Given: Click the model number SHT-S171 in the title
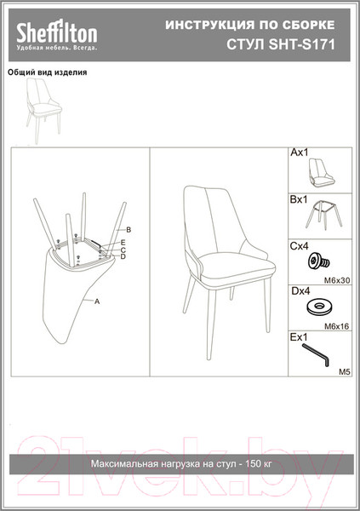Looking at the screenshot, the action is coord(301,45).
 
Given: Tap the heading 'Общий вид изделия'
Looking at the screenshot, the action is coord(48,72).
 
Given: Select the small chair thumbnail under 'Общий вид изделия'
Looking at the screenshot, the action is coord(43,110).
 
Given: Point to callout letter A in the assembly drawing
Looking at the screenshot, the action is coord(97,301).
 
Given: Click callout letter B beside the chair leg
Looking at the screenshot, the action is coord(129,230).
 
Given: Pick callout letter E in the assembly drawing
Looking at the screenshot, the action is coord(123,243).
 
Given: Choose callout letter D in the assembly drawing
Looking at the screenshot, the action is coord(123,257).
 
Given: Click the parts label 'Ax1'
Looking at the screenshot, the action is coord(299,152).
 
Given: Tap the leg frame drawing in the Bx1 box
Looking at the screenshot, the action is coord(324,215).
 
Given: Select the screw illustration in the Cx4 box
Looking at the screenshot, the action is coord(319,261).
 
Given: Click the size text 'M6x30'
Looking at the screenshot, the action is coord(337,280).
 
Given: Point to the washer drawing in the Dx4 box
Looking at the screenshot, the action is coord(321,307).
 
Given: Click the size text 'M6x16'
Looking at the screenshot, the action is coord(336,326).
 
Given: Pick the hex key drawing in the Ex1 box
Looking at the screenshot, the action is coord(316,354).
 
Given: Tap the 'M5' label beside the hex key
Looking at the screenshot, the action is coord(345,371).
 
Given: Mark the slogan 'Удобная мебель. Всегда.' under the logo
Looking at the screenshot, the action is coord(57,49).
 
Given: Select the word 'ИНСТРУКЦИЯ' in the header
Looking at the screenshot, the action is coord(209,26).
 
